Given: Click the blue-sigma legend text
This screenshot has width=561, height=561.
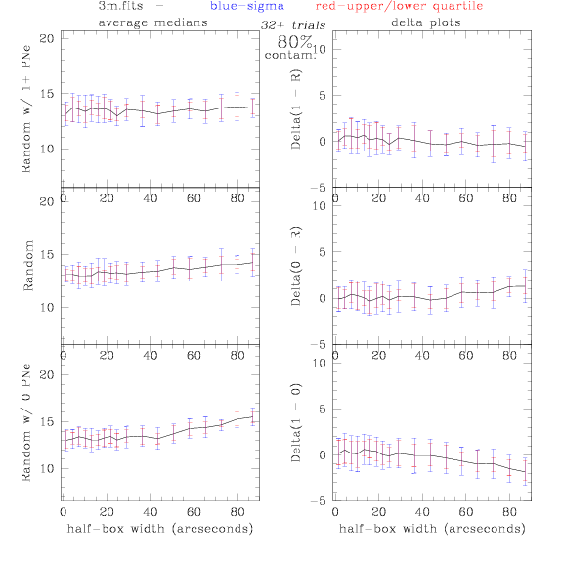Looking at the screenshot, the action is pyautogui.click(x=247, y=6).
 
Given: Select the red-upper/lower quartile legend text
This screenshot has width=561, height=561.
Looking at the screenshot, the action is pyautogui.click(x=399, y=6).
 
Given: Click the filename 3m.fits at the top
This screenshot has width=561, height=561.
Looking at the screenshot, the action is pyautogui.click(x=120, y=6).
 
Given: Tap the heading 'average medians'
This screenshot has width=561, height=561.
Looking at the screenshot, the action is pyautogui.click(x=152, y=22).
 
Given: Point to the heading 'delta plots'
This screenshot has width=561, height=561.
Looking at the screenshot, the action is pyautogui.click(x=426, y=22).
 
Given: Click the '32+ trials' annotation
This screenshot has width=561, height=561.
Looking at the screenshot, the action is pyautogui.click(x=293, y=25).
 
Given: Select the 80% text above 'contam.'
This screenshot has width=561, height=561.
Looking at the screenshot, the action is pyautogui.click(x=295, y=42).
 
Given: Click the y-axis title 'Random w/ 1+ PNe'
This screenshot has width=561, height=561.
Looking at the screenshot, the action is pyautogui.click(x=26, y=108).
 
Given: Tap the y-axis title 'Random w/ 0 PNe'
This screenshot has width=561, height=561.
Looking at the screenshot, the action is pyautogui.click(x=26, y=422).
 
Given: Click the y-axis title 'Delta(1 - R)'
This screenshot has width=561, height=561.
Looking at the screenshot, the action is pyautogui.click(x=296, y=109).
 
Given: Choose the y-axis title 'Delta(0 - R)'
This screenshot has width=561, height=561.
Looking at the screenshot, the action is pyautogui.click(x=296, y=266).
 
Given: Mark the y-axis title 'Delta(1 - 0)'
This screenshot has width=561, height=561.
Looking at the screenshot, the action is pyautogui.click(x=296, y=423).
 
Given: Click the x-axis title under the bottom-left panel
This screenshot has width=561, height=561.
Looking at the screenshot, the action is pyautogui.click(x=160, y=529).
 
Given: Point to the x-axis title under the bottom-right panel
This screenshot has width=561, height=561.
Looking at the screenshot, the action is pyautogui.click(x=432, y=529).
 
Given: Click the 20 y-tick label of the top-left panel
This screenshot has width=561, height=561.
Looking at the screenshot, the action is pyautogui.click(x=47, y=39).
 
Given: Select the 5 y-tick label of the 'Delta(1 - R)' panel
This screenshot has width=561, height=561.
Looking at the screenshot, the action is pyautogui.click(x=323, y=96).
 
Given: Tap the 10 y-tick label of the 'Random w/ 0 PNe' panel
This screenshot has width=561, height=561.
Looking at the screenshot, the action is pyautogui.click(x=47, y=469).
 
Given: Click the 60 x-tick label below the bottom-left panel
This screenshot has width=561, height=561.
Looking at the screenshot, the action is pyautogui.click(x=194, y=512).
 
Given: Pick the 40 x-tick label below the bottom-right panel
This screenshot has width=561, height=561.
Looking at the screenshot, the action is pyautogui.click(x=422, y=512).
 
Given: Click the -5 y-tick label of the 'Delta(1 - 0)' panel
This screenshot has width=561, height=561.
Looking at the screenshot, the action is pyautogui.click(x=319, y=501).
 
